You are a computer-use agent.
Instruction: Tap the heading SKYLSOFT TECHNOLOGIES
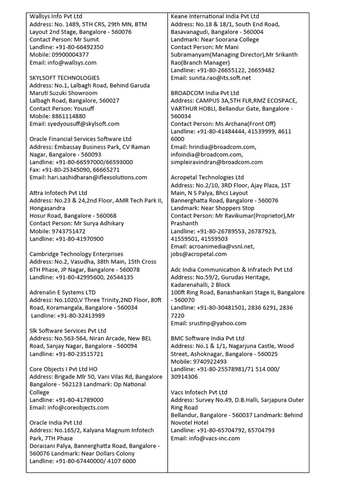click(65, 78)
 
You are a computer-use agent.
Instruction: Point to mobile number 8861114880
click(67, 116)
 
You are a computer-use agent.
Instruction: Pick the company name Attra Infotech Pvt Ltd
click(59, 193)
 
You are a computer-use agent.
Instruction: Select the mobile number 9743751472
click(67, 232)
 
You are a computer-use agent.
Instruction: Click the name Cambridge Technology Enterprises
click(76, 255)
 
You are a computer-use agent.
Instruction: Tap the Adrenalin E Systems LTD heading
click(62, 292)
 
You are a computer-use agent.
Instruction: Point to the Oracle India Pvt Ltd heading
click(56, 423)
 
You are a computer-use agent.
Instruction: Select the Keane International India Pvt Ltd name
click(215, 16)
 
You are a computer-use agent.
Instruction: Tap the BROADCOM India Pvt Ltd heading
click(205, 93)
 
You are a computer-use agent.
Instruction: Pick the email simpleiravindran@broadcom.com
click(217, 162)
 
